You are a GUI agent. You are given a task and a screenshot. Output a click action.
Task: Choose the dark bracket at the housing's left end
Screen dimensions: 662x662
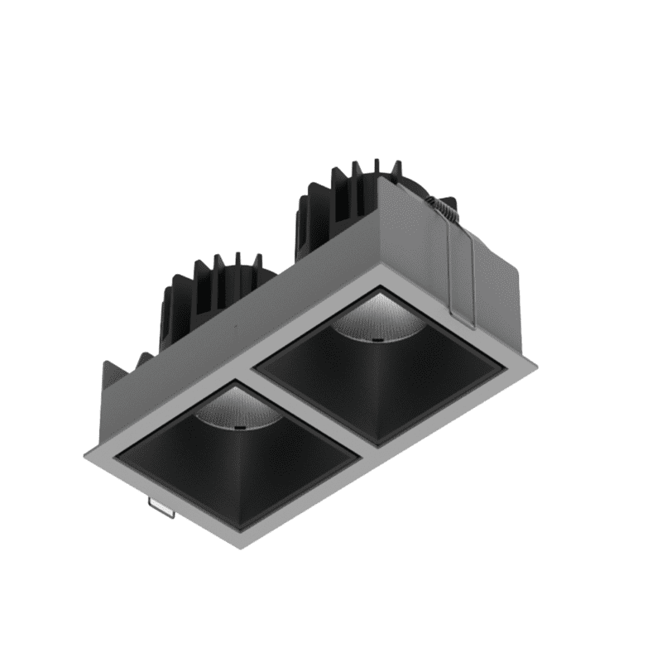coord(116,381)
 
